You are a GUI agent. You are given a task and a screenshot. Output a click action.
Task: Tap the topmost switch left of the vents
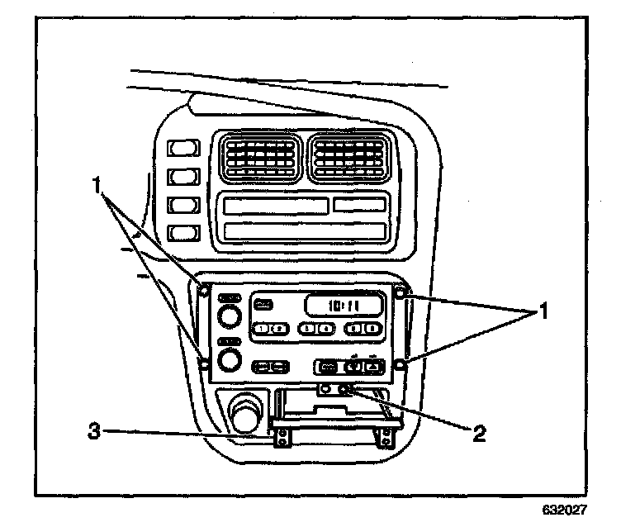(x=183, y=148)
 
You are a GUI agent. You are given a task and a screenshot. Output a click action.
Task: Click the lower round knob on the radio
(x=230, y=359)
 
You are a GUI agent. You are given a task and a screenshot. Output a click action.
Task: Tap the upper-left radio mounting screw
(x=204, y=289)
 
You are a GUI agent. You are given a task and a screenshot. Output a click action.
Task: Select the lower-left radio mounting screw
(x=203, y=360)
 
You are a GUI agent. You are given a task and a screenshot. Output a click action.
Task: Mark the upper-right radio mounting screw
(x=400, y=292)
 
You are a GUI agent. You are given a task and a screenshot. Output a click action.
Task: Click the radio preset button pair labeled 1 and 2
(x=266, y=329)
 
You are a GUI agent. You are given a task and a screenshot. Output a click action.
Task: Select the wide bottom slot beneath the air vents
(x=306, y=230)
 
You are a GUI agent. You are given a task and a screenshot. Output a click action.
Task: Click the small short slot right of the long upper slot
(x=359, y=204)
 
